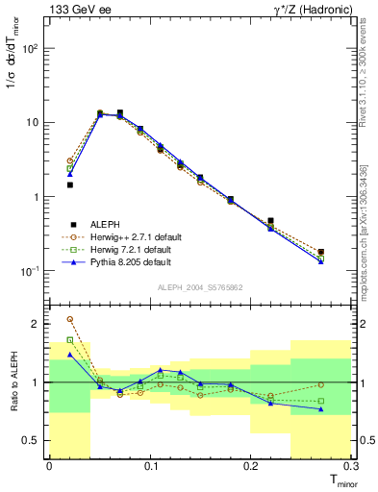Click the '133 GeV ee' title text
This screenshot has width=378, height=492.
tap(80, 11)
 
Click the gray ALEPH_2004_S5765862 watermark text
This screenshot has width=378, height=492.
tap(201, 287)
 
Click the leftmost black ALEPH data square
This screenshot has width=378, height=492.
tap(69, 184)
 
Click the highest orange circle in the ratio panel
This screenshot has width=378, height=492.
tap(69, 319)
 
